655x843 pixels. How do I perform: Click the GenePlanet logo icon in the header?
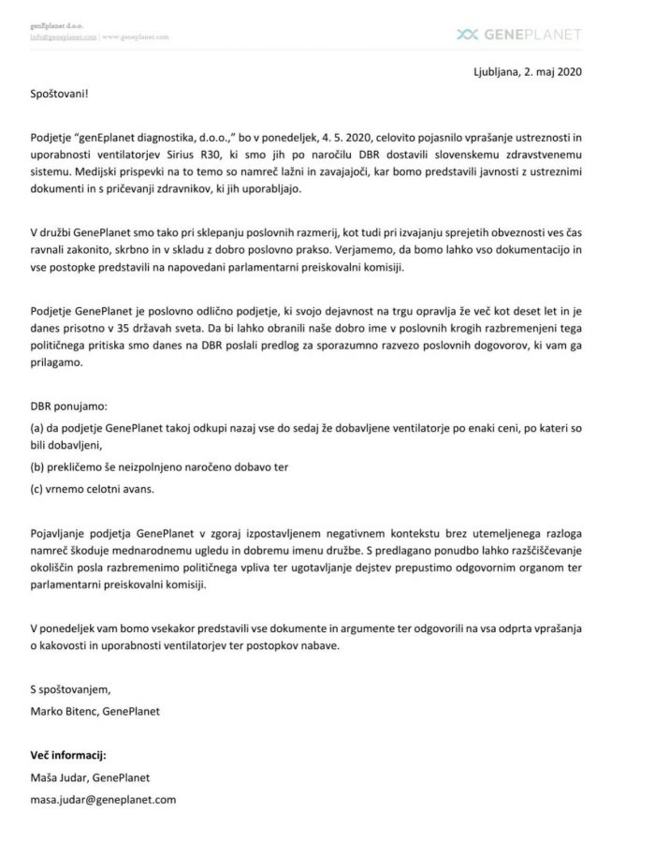click(466, 35)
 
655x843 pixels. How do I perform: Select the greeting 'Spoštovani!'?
click(61, 95)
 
